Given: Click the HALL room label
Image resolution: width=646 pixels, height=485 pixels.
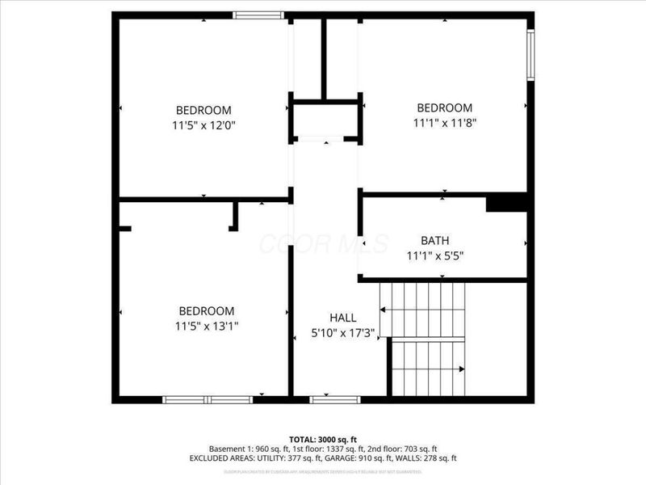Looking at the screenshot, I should coord(342,318).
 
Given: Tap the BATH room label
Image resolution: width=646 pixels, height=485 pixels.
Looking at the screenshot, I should coord(434,240).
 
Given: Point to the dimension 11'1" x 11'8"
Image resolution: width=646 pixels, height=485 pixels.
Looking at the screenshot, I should coord(443,123).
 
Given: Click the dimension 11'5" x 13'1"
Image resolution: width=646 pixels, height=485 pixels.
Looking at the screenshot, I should coord(206,326).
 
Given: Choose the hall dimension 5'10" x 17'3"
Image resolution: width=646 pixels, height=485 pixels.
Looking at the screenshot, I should coord(342,333).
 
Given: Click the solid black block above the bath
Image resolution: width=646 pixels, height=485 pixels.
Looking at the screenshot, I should coord(506,202).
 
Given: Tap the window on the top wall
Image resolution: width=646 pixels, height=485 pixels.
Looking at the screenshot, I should coord(258,15).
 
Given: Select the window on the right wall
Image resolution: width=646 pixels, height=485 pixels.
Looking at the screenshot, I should coord(531,55).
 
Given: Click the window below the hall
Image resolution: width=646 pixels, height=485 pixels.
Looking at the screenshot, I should coord(335,399).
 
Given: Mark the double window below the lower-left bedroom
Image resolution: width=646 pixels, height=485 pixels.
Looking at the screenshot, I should coord(208,399).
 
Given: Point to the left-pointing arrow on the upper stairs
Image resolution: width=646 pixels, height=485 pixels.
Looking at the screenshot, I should coord(383,310).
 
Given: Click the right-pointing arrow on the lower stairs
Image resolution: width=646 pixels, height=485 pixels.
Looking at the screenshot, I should coord(461,369).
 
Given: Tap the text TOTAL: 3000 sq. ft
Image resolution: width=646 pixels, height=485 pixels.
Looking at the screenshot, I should coord(323,439).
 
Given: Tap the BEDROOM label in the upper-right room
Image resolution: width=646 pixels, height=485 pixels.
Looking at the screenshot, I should coord(444,108).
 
